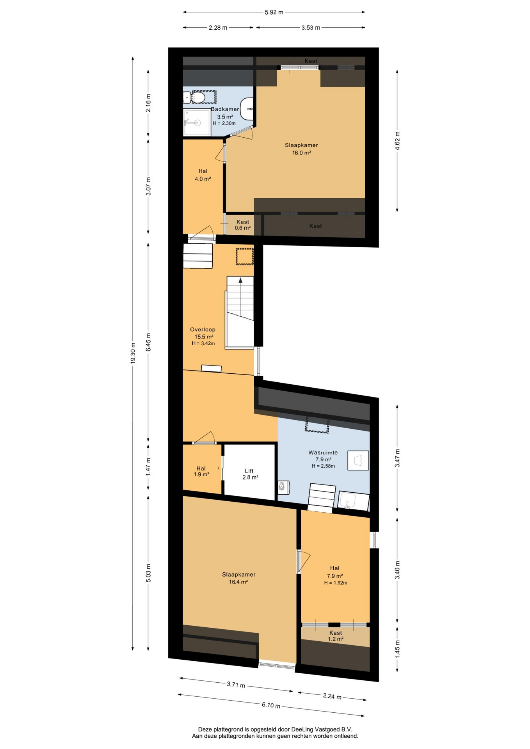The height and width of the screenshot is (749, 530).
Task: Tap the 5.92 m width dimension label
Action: [x=274, y=12]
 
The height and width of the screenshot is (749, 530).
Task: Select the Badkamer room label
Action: [x=225, y=109]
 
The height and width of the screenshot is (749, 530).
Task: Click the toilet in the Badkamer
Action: [x=198, y=97]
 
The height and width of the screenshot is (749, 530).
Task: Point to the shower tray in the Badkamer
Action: [x=197, y=122]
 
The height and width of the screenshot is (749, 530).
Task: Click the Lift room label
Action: [x=249, y=471]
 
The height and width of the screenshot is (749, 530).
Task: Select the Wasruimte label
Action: [x=323, y=453]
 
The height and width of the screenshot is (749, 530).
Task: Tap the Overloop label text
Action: [x=203, y=329]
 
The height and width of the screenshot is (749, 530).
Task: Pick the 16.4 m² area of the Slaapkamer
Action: [x=238, y=582]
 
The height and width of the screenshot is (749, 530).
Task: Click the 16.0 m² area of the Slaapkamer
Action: [x=302, y=153]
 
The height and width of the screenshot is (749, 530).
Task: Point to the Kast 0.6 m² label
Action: [x=242, y=225]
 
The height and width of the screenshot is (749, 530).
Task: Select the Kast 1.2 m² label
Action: [x=336, y=636]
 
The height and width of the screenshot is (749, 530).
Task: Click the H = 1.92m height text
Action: [x=336, y=583]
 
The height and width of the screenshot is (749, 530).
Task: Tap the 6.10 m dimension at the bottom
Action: [x=271, y=705]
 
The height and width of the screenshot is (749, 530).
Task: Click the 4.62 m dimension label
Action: [x=397, y=141]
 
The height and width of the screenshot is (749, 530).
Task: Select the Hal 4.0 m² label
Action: [x=203, y=175]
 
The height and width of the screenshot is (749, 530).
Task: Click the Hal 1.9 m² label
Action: [x=201, y=471]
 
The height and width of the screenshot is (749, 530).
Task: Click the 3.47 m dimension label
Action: [x=397, y=458]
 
